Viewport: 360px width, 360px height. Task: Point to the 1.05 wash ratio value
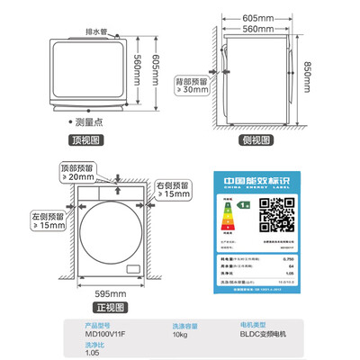93,353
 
